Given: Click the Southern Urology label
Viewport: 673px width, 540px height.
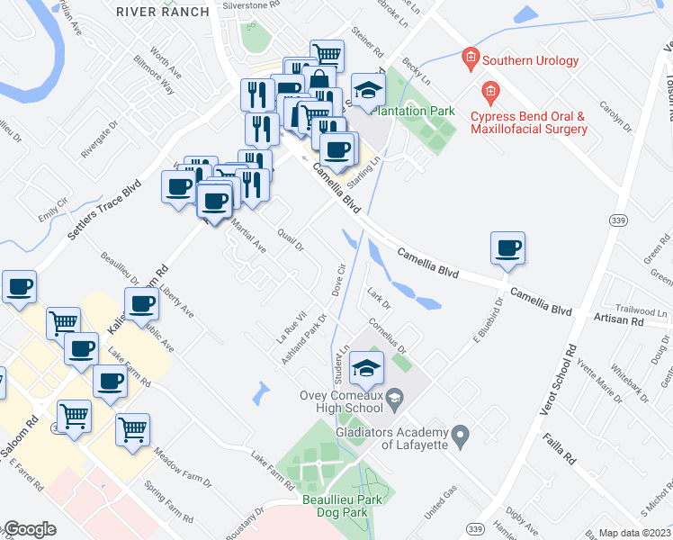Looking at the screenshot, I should pos(530,61).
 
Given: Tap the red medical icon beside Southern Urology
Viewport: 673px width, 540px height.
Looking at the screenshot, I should pos(469,60).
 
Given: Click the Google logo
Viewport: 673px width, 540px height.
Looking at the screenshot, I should pos(29,529).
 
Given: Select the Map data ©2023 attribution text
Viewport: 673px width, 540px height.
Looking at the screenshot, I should pos(634,533).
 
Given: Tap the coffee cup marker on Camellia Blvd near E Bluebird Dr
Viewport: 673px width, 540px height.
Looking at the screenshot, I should pos(507,247).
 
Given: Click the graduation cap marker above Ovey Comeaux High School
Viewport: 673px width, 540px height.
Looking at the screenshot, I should pos(367,367).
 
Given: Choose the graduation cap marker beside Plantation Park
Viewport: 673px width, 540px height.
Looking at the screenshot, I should pos(367,89).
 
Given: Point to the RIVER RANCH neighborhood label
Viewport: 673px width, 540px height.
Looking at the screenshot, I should pos(163,12).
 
